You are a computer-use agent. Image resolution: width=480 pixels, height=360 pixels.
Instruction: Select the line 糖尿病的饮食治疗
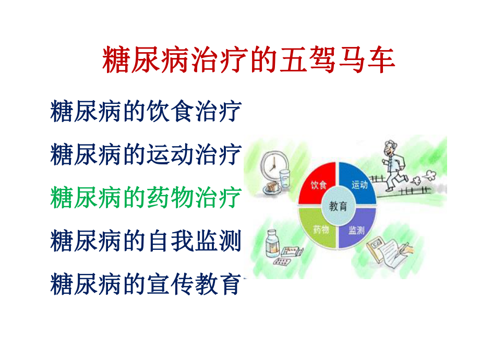pos(146,112)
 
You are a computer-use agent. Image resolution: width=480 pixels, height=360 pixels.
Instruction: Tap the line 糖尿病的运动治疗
pos(146,154)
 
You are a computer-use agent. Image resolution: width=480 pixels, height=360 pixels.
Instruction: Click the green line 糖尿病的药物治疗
pos(146,198)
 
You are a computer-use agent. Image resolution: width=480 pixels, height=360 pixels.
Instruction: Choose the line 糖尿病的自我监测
pos(146,241)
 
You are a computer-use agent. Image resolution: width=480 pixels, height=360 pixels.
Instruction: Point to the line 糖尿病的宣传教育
pos(146,284)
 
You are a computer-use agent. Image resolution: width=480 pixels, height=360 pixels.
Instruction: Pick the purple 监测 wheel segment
pos(359,228)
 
